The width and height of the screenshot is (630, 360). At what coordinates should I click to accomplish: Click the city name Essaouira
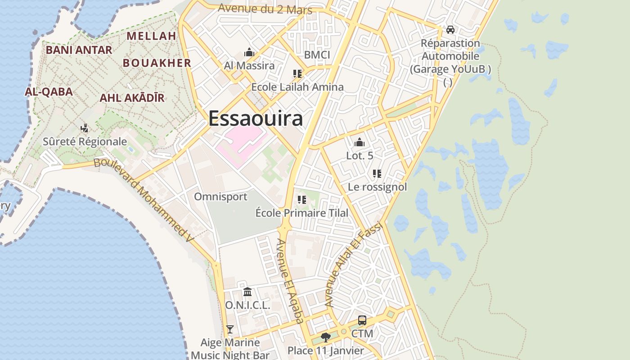click(x=255, y=119)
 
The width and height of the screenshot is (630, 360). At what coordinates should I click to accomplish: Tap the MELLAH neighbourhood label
click(x=151, y=36)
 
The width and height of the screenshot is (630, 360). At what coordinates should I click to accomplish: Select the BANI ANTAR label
click(x=79, y=50)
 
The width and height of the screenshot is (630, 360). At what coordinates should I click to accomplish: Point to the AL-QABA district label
click(x=49, y=92)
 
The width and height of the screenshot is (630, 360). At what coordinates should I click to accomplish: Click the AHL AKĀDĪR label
click(x=132, y=98)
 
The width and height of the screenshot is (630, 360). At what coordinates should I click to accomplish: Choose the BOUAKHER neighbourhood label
click(x=157, y=63)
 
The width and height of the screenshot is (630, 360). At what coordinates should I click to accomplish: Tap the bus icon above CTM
click(x=362, y=320)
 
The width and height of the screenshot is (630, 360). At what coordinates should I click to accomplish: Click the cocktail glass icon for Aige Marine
click(x=230, y=329)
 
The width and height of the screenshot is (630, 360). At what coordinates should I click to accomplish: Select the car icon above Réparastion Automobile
click(x=450, y=30)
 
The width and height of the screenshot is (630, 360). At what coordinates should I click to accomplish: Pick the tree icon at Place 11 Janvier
click(x=325, y=337)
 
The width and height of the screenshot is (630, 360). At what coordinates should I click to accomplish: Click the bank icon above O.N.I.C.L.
click(x=247, y=292)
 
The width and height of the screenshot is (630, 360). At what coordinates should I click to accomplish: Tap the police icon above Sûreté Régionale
click(x=84, y=129)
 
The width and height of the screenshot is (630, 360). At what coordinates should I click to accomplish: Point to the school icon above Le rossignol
click(x=377, y=173)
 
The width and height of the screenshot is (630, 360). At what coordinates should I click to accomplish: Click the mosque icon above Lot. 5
click(x=359, y=143)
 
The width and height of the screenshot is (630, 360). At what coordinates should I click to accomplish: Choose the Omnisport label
click(x=220, y=197)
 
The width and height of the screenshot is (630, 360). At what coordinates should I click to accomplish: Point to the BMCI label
click(x=317, y=55)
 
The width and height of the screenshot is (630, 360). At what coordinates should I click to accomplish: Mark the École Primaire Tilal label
click(x=301, y=213)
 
